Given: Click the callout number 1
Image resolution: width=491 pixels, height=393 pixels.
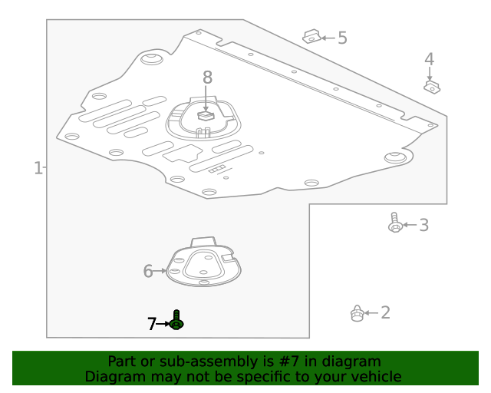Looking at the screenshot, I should [x=38, y=167].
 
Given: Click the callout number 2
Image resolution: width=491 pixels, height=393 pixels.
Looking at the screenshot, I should [x=385, y=312].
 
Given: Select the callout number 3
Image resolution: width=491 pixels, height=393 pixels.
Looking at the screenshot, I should [x=423, y=225].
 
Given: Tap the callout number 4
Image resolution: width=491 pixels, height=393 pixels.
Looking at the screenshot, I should [x=429, y=59].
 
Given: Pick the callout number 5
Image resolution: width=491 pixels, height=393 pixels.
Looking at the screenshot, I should [x=342, y=38].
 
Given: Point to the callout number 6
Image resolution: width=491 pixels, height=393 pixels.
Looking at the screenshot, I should [x=148, y=271].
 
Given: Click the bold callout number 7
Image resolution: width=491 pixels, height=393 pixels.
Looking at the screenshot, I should [x=152, y=324].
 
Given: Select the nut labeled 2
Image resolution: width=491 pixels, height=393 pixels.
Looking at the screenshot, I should [x=357, y=313].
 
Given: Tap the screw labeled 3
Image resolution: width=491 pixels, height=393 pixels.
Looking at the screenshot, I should [x=395, y=223].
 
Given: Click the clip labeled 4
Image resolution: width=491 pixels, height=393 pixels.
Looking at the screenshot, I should [x=432, y=87].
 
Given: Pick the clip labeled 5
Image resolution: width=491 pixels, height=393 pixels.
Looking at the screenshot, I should [x=311, y=36].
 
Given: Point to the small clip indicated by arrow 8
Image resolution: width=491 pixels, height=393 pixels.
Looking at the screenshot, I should [x=206, y=115].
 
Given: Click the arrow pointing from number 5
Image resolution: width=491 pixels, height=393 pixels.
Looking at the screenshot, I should [x=328, y=38].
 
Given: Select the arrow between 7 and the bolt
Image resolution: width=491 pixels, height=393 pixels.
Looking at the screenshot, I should [x=163, y=325].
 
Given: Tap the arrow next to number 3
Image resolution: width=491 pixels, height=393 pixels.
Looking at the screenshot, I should [x=409, y=225].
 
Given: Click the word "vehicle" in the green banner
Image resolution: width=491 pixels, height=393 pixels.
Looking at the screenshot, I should [x=376, y=376].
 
